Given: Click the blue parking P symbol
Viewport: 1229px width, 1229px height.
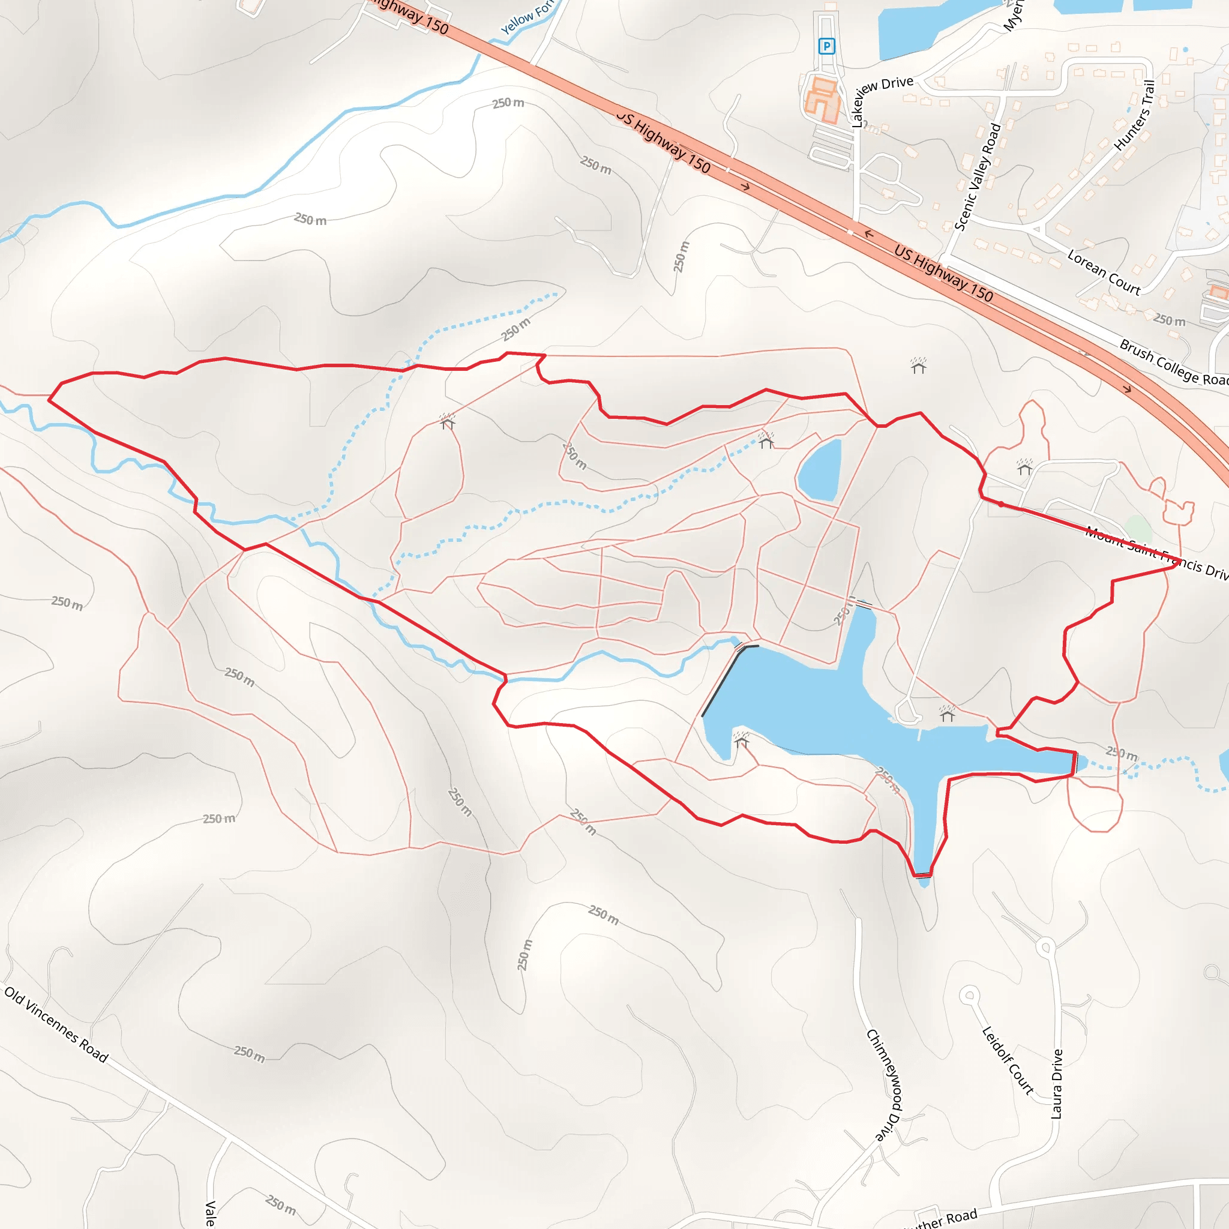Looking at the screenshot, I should pos(826,46).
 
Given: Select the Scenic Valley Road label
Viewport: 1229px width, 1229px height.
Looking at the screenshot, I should pos(978,176).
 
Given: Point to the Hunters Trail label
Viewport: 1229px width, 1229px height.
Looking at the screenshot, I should pos(1135,115).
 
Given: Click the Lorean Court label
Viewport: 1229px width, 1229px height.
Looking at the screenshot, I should pos(1104,272).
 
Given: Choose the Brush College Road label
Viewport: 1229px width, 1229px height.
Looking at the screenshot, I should pos(1173,363).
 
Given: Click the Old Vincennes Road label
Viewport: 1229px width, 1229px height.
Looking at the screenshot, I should pos(56,1024).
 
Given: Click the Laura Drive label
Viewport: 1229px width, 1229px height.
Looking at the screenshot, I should pos(1057,1084).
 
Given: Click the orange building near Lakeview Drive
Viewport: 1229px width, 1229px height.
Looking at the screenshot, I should pos(822,99).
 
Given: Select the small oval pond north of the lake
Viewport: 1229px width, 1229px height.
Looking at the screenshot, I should pos(819,470).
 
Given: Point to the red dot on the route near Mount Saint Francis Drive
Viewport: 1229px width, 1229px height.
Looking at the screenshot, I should pos(1000,504).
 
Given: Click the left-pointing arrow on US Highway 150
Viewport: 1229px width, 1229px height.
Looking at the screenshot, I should pos(869,234).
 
